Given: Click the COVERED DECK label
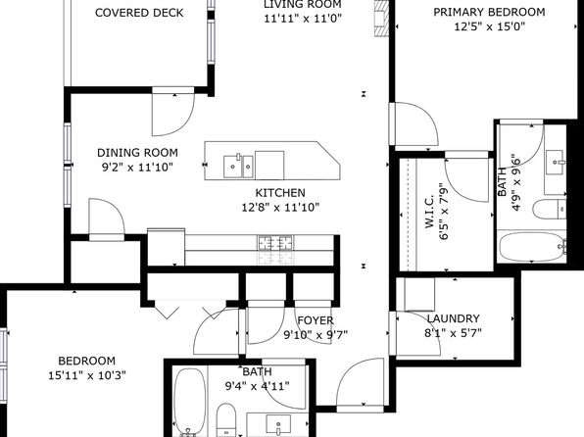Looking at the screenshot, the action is tap(139, 13).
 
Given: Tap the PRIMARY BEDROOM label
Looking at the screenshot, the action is tap(489, 12).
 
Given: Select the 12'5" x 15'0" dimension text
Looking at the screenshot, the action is tap(489, 26).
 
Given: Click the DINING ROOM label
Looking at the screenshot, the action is tap(137, 153).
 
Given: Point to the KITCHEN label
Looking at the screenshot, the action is tap(280, 193).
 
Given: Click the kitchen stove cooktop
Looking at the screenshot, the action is tap(275, 243).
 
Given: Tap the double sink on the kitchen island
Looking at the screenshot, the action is tap(238, 167).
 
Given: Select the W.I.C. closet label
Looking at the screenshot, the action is tap(429, 211).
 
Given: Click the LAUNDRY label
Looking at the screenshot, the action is tap(453, 318).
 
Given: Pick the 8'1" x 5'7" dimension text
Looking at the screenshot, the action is tap(453, 333).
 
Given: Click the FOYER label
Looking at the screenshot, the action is tap(316, 320).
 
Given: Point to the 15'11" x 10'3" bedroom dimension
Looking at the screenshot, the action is tap(87, 375).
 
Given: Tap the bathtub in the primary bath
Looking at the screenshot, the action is tap(532, 246).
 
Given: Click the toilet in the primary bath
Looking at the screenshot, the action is tap(550, 209).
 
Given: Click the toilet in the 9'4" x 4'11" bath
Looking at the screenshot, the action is tap(226, 419).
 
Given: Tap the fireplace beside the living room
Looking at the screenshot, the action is tap(381, 19).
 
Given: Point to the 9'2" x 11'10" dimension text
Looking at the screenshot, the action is tap(137, 168).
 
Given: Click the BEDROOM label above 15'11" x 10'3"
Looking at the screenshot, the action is tap(87, 361).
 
